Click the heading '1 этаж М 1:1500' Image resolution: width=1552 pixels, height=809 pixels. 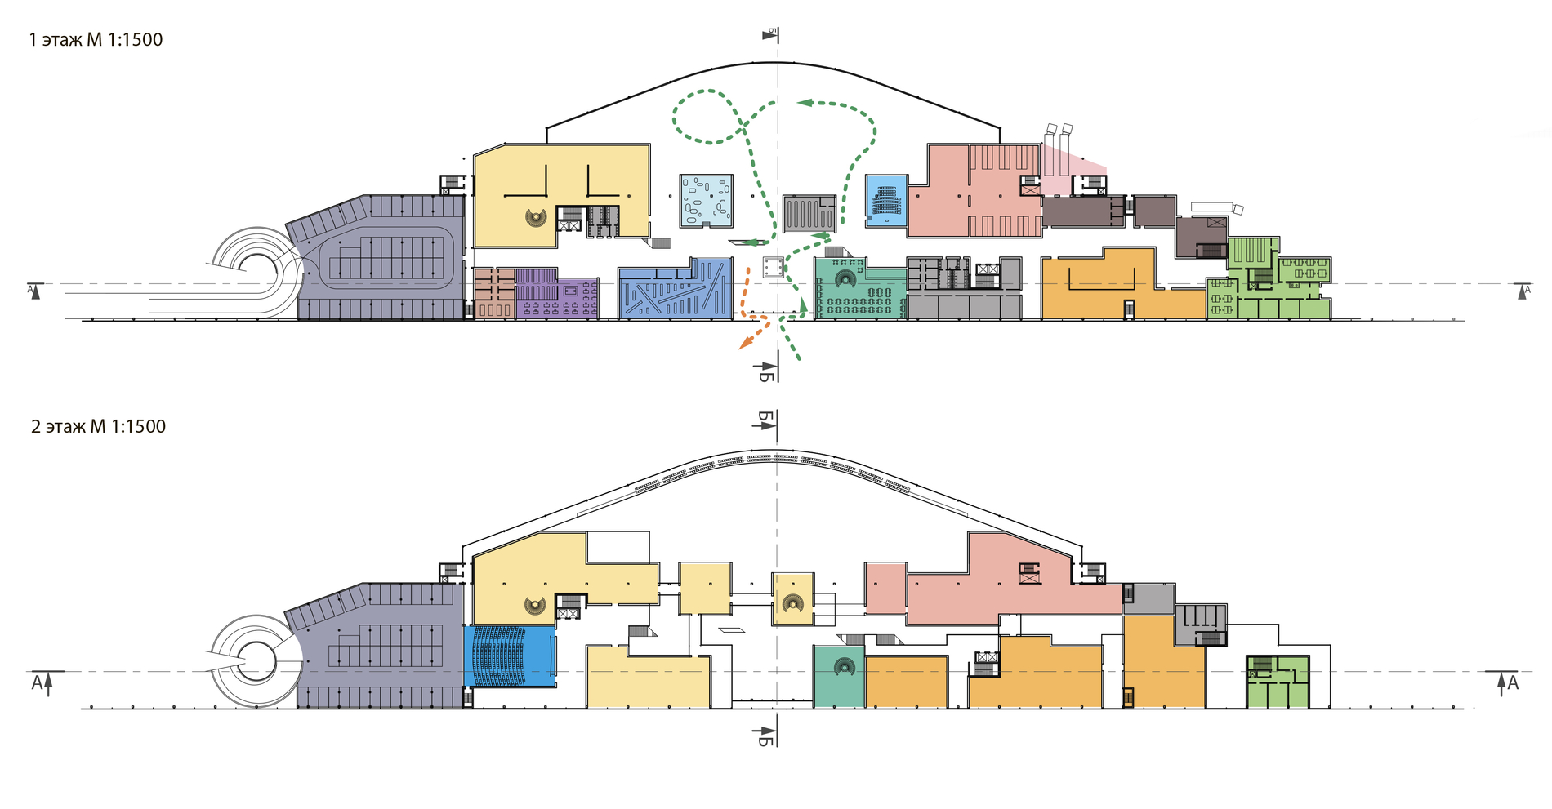click(96, 39)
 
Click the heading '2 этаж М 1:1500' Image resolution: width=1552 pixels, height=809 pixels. click(98, 426)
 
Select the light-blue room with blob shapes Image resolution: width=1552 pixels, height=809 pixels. click(705, 200)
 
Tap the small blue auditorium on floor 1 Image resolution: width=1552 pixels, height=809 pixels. click(886, 200)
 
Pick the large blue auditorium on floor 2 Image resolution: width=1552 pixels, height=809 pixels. click(509, 656)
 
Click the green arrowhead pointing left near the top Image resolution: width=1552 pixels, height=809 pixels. click(805, 103)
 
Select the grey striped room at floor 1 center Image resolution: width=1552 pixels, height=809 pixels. click(809, 214)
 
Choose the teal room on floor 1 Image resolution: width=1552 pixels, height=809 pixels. click(858, 290)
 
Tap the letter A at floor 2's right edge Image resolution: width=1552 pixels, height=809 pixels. click(1512, 682)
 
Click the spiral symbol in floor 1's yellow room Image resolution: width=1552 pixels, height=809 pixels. click(536, 217)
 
